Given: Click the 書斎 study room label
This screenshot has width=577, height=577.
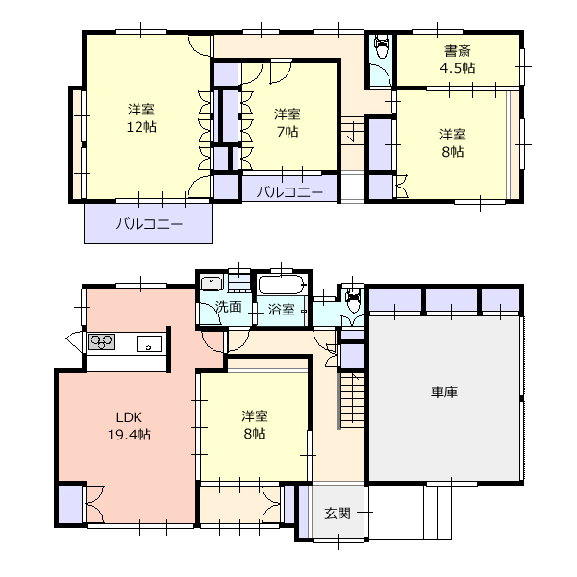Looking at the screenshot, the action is [x=458, y=51].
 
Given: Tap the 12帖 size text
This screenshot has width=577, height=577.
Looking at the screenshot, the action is [x=141, y=127].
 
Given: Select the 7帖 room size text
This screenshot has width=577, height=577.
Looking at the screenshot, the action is [x=288, y=132].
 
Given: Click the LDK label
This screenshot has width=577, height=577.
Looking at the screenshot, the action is [x=129, y=417].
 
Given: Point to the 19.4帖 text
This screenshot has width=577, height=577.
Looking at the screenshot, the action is [x=129, y=435].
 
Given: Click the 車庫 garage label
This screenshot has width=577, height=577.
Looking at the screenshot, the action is [x=444, y=392].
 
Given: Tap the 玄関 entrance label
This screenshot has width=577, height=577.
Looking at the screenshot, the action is [x=338, y=514].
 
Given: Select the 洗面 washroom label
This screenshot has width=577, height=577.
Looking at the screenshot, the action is [x=229, y=306].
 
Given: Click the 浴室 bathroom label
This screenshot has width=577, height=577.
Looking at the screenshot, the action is [x=281, y=309].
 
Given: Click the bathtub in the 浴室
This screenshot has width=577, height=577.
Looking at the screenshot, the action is [x=282, y=285].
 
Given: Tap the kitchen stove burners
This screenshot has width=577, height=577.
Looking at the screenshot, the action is [x=102, y=341].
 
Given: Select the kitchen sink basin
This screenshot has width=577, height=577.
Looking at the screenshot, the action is [x=149, y=343].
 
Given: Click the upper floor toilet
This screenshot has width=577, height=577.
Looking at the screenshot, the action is [x=382, y=46].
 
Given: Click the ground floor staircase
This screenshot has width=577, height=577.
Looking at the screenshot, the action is [x=352, y=400].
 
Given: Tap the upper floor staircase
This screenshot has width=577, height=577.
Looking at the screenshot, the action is [x=352, y=132].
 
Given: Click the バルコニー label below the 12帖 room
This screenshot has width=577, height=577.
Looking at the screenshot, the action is [x=149, y=224].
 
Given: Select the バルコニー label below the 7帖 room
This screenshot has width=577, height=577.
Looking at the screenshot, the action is [x=289, y=191].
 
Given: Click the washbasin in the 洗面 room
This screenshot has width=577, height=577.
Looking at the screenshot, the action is [x=212, y=284].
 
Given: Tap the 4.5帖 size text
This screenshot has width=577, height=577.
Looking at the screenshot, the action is [x=458, y=68].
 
